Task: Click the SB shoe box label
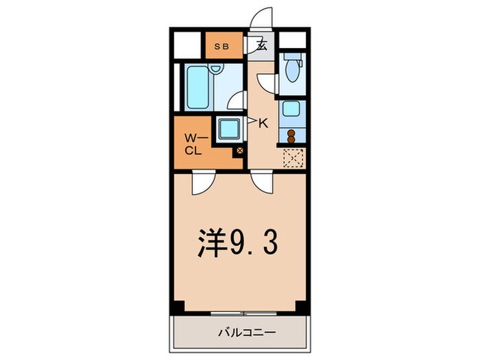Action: [222, 47]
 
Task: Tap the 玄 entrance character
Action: [261, 47]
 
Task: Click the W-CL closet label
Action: [192, 144]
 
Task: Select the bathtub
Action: [197, 87]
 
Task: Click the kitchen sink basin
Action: [291, 109]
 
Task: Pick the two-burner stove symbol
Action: [292, 136]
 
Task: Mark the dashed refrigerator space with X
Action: [293, 158]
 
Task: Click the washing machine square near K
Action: [228, 128]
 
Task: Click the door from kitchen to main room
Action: [261, 182]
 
